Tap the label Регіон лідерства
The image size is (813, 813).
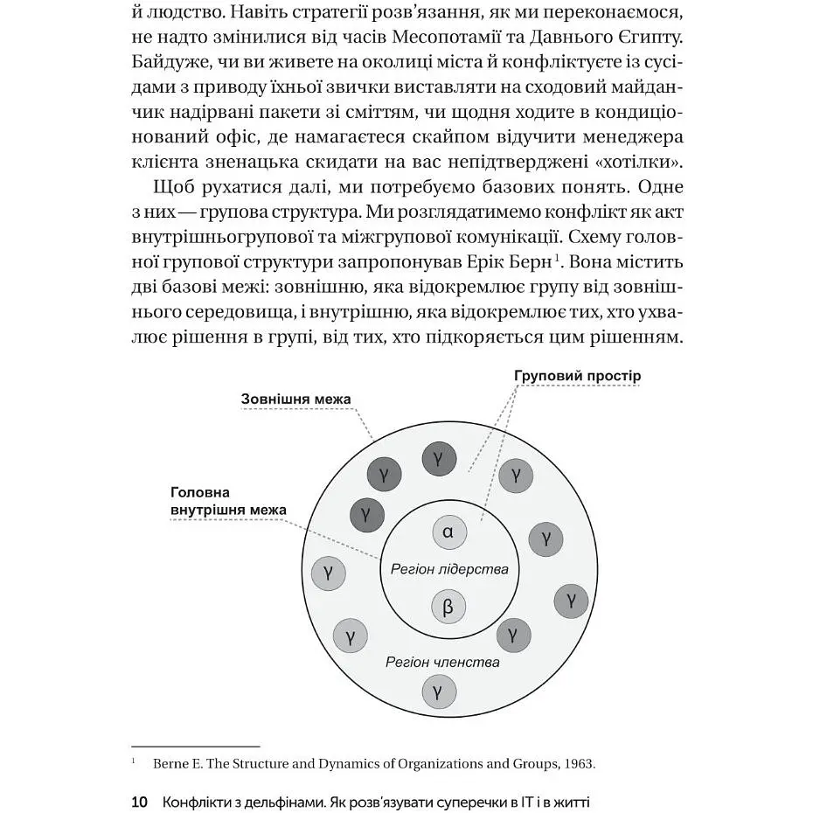pyautogui.click(x=448, y=569)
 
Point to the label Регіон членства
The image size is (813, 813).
pyautogui.click(x=442, y=662)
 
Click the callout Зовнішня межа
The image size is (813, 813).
pyautogui.click(x=295, y=400)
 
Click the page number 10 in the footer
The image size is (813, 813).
pyautogui.click(x=139, y=801)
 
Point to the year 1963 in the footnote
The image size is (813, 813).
pyautogui.click(x=578, y=763)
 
